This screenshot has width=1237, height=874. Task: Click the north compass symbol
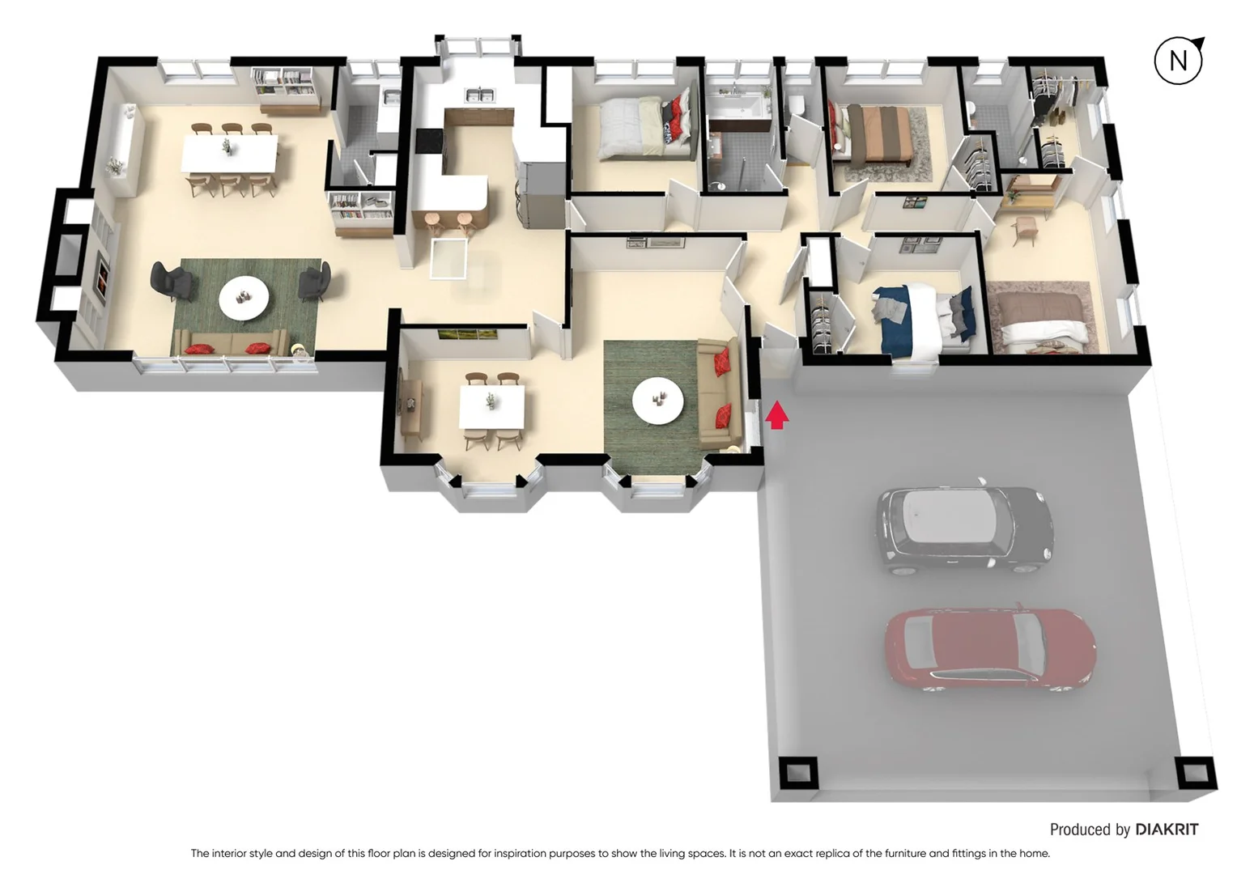point(1178,60)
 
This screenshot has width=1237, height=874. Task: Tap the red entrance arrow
point(776,415)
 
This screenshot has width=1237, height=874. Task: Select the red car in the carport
point(989,649)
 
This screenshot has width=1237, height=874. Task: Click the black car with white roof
point(963,529)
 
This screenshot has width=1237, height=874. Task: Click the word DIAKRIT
point(1166,829)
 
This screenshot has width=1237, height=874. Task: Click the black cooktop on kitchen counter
point(428,141)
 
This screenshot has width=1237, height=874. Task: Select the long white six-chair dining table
point(229,154)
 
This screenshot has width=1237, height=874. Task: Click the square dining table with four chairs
point(491,406)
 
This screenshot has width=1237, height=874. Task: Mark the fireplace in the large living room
point(102,274)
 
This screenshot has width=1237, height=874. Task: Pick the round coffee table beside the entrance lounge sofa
point(657,400)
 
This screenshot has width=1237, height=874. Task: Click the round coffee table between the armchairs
point(244,298)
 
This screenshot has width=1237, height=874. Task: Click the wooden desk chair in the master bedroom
point(1025,230)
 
